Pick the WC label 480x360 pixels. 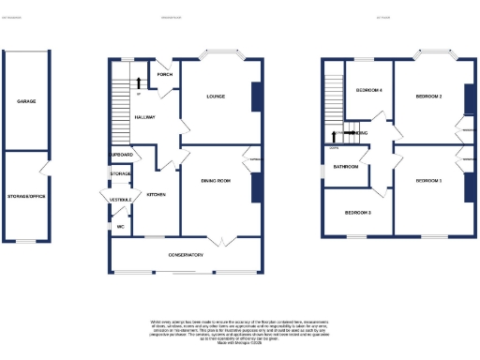tap(121, 226)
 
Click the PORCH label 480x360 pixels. tap(164, 74)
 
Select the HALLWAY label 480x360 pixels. tap(144, 116)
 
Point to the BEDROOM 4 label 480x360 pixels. tap(369, 90)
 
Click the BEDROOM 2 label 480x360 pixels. tap(428, 96)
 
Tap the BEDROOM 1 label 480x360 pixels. tap(428, 179)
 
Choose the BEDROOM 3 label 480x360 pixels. tap(358, 213)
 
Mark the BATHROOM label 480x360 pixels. tap(346, 167)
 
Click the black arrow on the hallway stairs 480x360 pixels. tap(140, 82)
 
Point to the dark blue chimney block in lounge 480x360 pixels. tap(256, 97)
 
